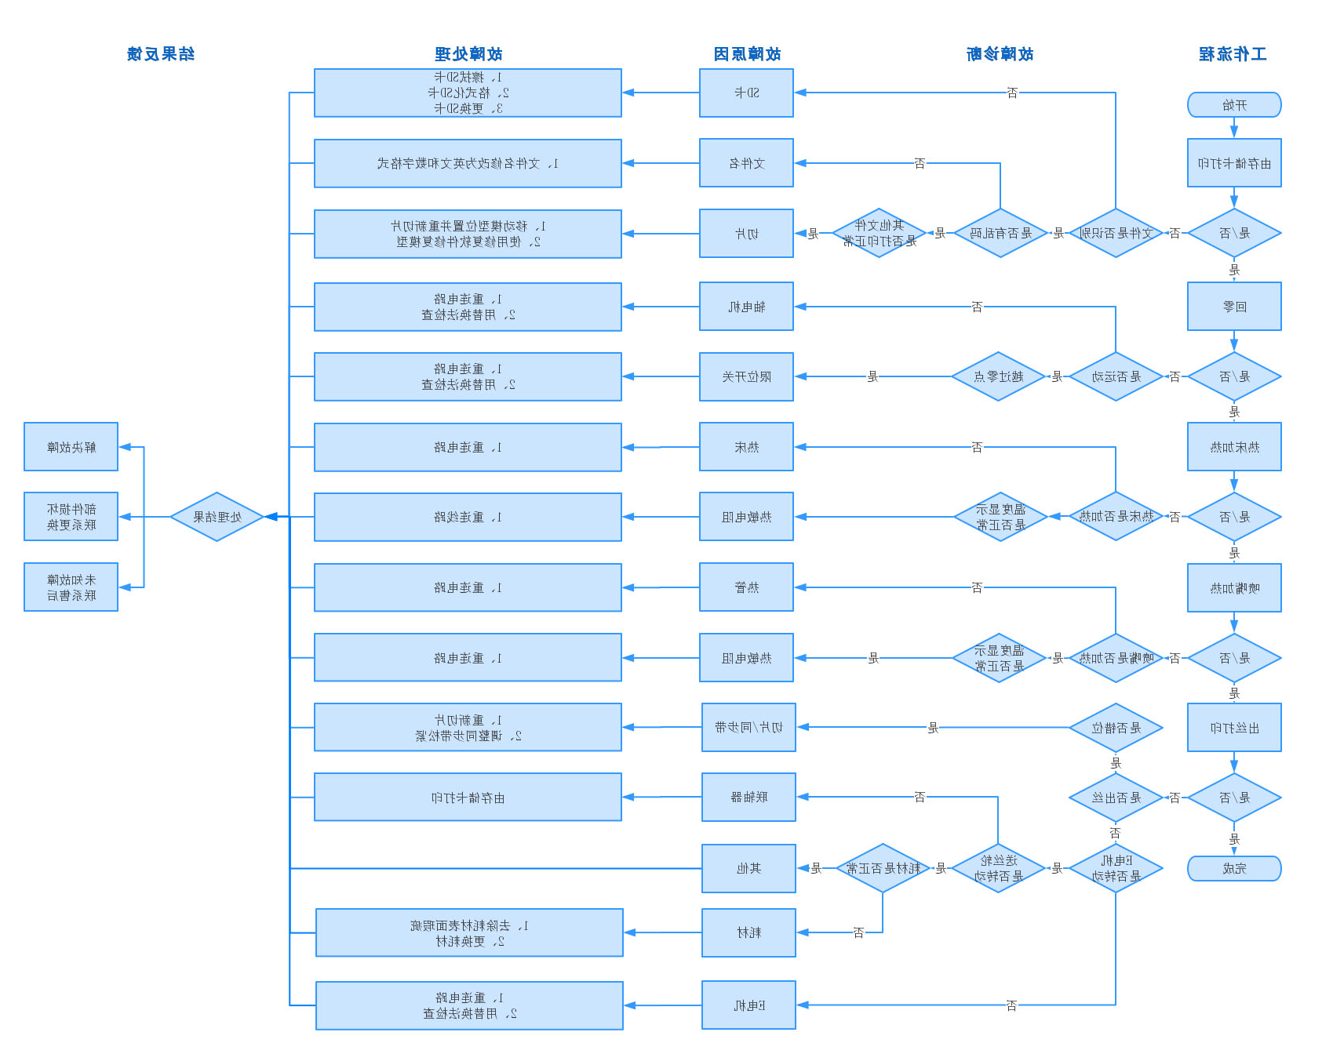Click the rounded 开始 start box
point(1233,104)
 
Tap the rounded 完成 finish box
point(1233,868)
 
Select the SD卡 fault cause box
point(746,93)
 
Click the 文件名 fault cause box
point(746,163)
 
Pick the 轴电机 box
point(746,307)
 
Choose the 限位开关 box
point(746,376)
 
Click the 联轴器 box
point(748,797)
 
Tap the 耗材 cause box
point(748,932)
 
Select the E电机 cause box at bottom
point(748,1005)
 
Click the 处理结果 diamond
point(217,517)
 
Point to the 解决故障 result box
point(71,447)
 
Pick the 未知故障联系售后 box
point(71,587)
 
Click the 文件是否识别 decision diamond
point(1115,233)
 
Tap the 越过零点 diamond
point(998,376)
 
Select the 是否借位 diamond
point(1115,728)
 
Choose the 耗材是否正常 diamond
point(883,868)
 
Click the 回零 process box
point(1233,307)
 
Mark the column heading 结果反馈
point(161,54)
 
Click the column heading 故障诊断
point(1000,54)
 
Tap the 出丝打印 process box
point(1233,728)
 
